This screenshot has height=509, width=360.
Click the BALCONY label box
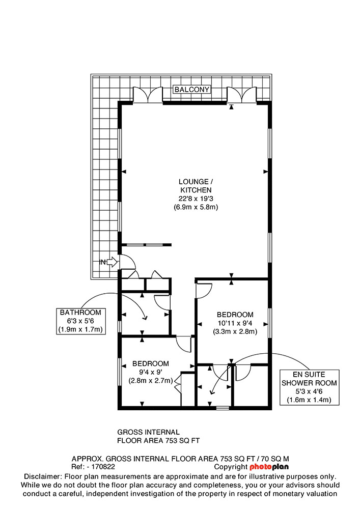pos(192,89)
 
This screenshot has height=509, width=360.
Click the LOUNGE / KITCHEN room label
pos(196,186)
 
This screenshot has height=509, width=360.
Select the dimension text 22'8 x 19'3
pos(196,199)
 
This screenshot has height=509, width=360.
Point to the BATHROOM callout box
pos(81,321)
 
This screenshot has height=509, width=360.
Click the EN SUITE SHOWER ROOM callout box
pos(310,387)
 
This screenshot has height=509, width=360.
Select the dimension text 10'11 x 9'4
pos(235,323)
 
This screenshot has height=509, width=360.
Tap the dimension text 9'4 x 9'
pos(151,372)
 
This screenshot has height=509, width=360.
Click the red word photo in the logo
pos(260,467)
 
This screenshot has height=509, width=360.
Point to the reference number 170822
pos(103,467)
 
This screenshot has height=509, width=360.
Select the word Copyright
pos(231,467)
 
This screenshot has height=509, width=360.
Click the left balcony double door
pos(148,95)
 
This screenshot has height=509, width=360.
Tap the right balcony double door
pos(242,95)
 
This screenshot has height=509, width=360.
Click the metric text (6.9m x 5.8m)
pos(196,207)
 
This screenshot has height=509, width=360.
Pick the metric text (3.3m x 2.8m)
pos(235,331)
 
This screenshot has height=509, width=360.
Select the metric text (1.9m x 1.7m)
pos(81,329)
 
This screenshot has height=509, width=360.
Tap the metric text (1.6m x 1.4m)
pos(310,400)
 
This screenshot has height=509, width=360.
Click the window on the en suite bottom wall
pos(223,407)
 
